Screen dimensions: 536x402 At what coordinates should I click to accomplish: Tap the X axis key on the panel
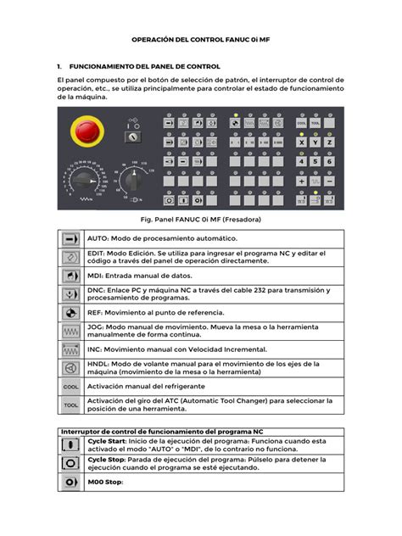point(301,142)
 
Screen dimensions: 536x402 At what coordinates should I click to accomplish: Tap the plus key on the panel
point(301,181)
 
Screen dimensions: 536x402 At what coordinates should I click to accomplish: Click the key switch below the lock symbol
point(131,137)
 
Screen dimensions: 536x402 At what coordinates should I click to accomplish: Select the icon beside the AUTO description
point(70,240)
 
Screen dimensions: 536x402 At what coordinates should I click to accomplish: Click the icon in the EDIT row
point(70,260)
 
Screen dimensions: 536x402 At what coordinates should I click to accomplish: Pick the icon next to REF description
point(70,312)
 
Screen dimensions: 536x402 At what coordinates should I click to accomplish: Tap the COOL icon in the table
point(70,386)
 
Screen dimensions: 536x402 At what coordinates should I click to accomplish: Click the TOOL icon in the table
point(70,405)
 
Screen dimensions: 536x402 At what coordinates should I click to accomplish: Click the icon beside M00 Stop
point(70,482)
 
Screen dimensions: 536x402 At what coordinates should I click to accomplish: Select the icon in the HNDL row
point(70,367)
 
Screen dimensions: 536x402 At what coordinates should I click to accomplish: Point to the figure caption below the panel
point(200,220)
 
